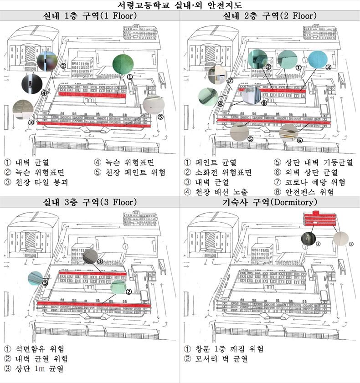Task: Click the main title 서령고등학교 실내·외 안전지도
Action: pos(180,5)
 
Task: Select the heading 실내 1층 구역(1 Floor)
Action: pos(90,16)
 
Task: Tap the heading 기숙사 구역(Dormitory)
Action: pos(270,202)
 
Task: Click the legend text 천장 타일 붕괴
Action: pos(41,182)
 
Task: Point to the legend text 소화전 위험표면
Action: pos(223,173)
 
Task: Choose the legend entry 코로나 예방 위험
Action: pos(315,182)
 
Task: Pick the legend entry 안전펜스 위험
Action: pos(309,192)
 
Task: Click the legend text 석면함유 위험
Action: pos(40,349)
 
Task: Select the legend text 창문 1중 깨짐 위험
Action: pos(230,349)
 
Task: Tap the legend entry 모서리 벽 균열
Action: pos(221,359)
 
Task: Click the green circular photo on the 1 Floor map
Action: pos(123,64)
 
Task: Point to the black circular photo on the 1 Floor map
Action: pos(32,84)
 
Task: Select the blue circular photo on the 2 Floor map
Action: pos(318,60)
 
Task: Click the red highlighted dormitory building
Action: pos(320,219)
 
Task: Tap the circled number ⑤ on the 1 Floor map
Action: pos(160,117)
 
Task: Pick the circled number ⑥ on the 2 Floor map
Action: pos(300,140)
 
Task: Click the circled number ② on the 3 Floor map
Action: pos(129,291)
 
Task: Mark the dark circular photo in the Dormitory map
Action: pos(309,239)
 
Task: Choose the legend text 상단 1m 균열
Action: pos(39,368)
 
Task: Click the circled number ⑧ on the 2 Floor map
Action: pos(264,103)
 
